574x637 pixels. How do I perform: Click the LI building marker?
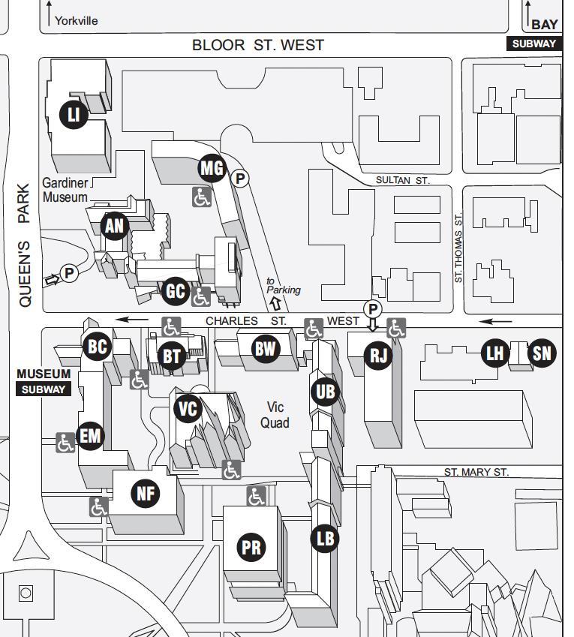pos(74,114)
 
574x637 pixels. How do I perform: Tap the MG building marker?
pos(212,168)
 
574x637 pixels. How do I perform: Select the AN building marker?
pos(115,225)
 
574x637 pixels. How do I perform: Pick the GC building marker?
pos(175,291)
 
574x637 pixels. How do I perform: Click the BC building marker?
pos(98,347)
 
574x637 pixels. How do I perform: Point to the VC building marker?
pos(188,409)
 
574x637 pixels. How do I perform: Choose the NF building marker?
pos(146,493)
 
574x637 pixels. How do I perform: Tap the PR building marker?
pos(251,548)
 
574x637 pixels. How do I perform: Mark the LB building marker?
pos(325,538)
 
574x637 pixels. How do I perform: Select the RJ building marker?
pos(378,354)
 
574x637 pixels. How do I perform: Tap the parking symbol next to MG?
pos(239,179)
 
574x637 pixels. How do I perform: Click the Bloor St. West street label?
pos(258,45)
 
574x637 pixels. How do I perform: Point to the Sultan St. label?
pos(402,181)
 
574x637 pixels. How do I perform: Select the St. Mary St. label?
pos(476,472)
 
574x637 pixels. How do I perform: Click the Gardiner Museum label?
pos(65,190)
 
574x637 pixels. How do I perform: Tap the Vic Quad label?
pos(275,415)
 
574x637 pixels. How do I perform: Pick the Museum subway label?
pos(44,381)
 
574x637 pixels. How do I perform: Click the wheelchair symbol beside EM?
pos(65,443)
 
